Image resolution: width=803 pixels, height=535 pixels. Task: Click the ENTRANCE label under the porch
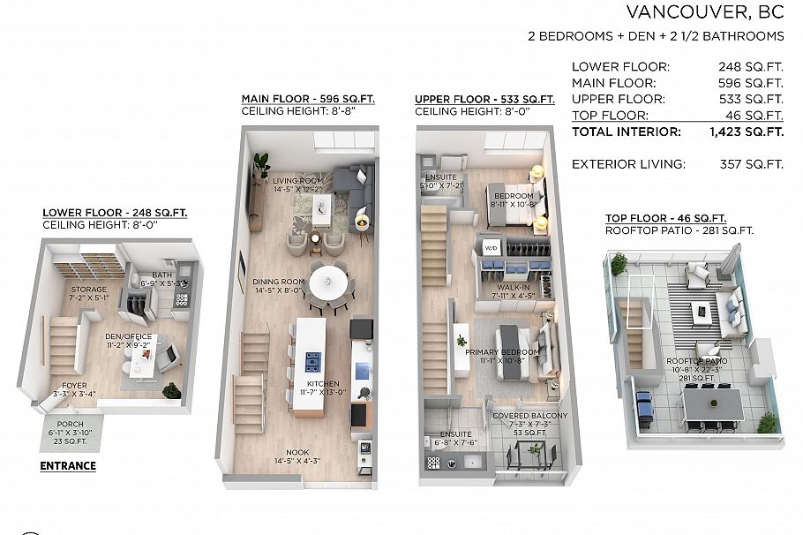tap(68, 465)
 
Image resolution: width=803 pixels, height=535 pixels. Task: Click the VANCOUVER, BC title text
tap(704, 12)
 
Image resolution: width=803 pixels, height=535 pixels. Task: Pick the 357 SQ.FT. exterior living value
tap(751, 164)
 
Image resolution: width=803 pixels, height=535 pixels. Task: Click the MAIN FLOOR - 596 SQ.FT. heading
tap(307, 99)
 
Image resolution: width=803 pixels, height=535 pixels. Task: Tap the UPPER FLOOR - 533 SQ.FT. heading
tap(484, 99)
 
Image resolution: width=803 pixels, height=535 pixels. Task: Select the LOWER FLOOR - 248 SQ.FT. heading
tap(115, 213)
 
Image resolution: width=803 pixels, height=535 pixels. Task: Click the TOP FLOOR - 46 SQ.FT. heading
tap(665, 218)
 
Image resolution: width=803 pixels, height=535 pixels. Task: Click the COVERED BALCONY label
tap(530, 416)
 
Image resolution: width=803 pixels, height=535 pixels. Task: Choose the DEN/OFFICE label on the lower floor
tap(130, 336)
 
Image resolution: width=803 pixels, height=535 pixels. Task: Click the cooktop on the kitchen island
tap(312, 360)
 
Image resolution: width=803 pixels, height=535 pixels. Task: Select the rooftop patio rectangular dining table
tap(713, 404)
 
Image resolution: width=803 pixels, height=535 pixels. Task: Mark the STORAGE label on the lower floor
tap(89, 289)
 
